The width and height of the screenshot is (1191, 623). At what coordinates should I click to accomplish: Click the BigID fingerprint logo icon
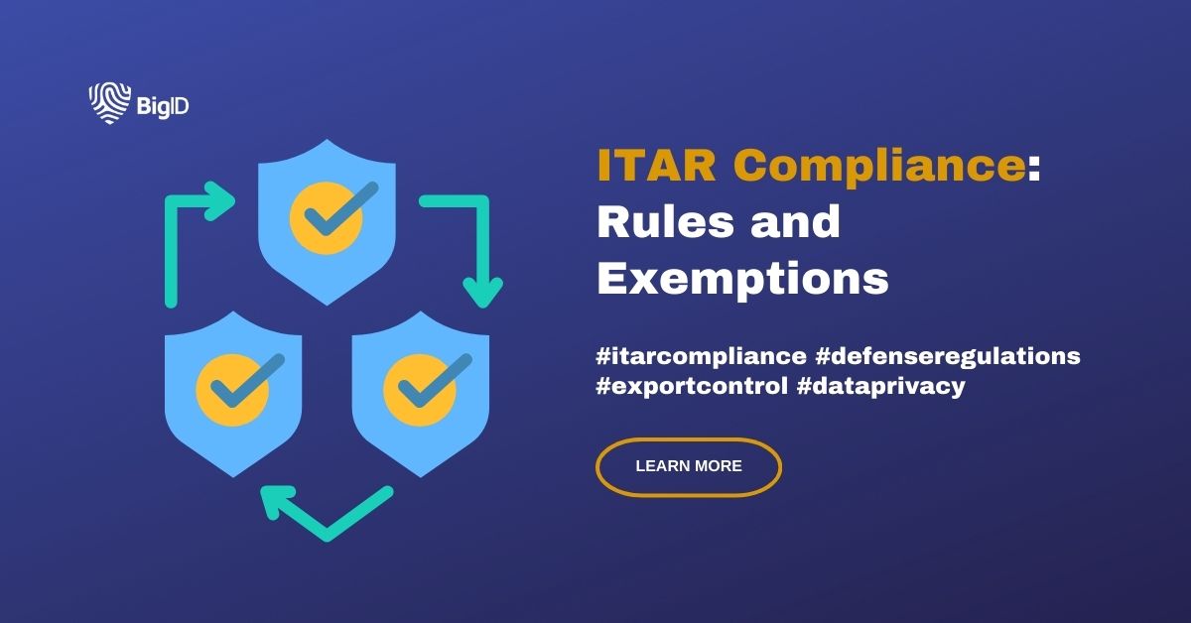point(106,103)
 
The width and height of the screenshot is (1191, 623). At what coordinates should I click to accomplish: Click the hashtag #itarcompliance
point(701,355)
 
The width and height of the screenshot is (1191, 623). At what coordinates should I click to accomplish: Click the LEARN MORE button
point(689,466)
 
